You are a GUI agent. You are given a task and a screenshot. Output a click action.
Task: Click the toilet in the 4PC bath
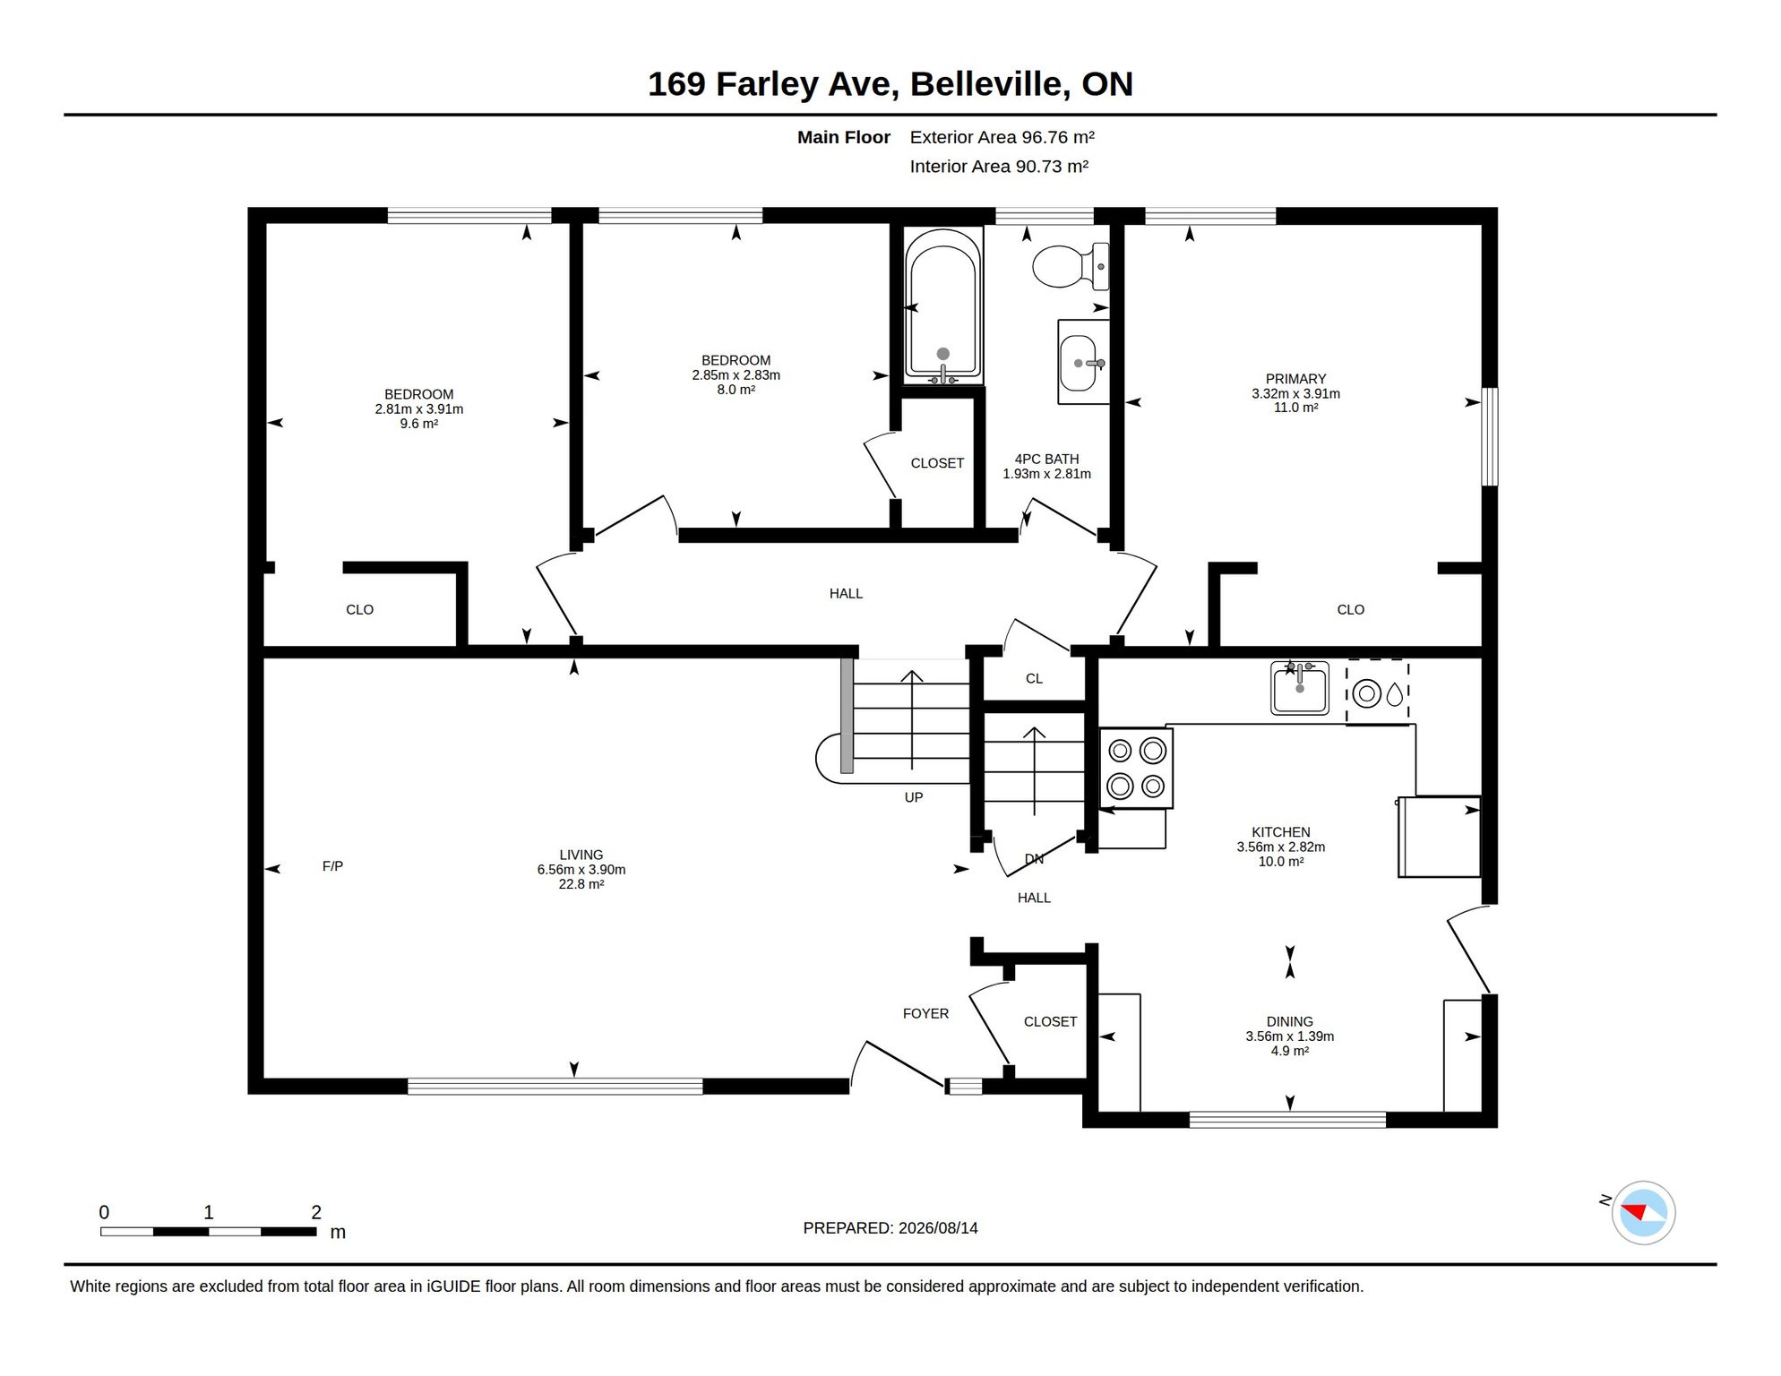pos(1071,266)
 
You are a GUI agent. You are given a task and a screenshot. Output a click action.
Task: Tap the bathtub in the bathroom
pos(942,305)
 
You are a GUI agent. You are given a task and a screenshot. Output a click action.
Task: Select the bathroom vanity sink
pos(1083,363)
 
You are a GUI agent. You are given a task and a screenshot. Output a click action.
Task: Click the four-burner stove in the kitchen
pos(1136,768)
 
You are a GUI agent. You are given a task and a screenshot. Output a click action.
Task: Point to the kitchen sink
pos(1299,688)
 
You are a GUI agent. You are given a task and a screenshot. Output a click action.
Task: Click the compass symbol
pos(1643,1213)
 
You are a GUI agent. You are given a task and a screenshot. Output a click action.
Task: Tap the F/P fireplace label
pos(332,866)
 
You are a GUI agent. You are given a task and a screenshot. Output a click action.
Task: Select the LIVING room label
pos(581,855)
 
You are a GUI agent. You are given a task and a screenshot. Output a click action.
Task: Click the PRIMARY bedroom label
pos(1295,379)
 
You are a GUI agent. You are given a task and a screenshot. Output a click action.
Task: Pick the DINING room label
pos(1289,1021)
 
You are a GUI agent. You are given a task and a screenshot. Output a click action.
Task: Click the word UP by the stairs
pos(914,797)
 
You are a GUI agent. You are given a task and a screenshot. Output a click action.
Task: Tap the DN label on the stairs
pos(1034,859)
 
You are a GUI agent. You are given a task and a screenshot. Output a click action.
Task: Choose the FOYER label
pos(925,1013)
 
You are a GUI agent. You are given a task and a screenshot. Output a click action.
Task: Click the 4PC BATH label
pos(1046,459)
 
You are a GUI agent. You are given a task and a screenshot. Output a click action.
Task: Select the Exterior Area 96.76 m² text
pos(1002,137)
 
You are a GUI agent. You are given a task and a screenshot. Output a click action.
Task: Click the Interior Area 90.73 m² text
pos(999,167)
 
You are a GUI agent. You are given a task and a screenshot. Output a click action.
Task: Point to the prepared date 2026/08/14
pos(939,1228)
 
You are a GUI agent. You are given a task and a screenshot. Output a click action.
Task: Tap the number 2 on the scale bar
pos(316,1212)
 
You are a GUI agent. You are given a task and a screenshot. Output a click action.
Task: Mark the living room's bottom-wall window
pos(555,1087)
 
